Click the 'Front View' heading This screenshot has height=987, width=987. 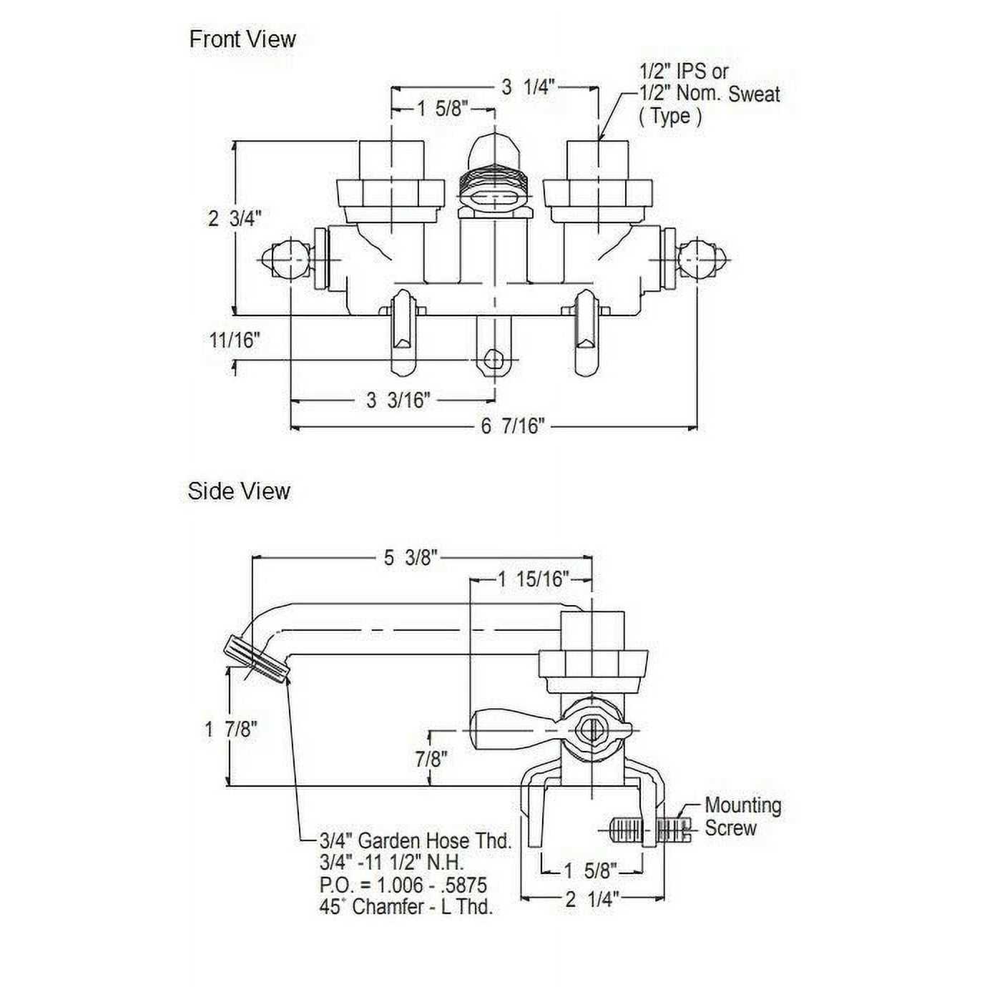[x=242, y=39]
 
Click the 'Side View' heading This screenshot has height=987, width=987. [x=239, y=491]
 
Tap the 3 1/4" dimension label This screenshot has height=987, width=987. [x=528, y=87]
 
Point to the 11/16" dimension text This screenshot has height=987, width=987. [x=235, y=340]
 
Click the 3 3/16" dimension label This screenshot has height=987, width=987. [x=398, y=401]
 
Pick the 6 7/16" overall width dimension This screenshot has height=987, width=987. [x=512, y=427]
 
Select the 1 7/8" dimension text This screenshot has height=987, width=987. [x=230, y=730]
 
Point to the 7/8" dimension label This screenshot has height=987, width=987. [x=431, y=758]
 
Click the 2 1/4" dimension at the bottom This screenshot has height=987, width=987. [x=591, y=898]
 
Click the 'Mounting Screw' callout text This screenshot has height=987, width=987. [x=742, y=817]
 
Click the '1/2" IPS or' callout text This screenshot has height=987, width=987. [x=684, y=72]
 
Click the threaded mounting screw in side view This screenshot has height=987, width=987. [x=649, y=830]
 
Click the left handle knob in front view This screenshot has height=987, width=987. [x=285, y=259]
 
